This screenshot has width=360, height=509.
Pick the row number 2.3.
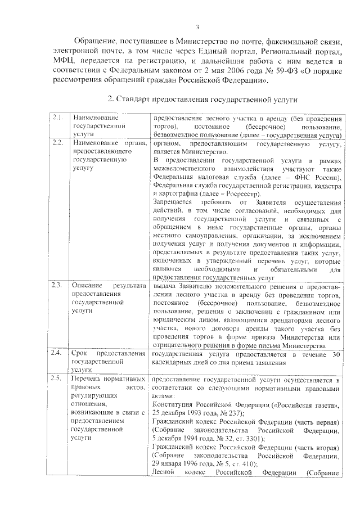pos(57,286)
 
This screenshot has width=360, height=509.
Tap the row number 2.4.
pos(57,354)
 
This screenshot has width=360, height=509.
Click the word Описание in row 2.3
pos(86,286)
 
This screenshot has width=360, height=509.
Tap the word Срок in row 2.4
pos(79,354)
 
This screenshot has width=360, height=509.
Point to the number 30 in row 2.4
pos(335,354)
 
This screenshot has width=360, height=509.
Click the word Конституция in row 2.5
pos(173,405)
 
